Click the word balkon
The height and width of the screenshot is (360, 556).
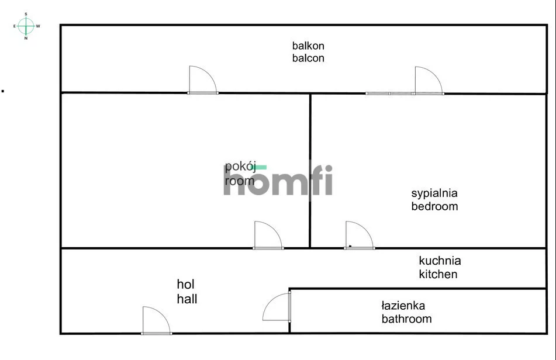click(x=308, y=46)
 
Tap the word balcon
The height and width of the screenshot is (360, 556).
click(x=308, y=58)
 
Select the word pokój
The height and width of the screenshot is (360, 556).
click(x=240, y=167)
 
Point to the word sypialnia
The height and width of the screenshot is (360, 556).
click(x=434, y=193)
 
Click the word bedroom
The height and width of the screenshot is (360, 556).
click(x=434, y=206)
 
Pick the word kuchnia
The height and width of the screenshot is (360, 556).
click(x=440, y=261)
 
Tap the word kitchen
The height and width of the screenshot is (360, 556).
click(x=438, y=274)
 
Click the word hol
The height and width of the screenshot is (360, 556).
click(x=185, y=284)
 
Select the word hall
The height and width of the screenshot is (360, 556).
click(x=187, y=299)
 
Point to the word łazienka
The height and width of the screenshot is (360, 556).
click(x=403, y=306)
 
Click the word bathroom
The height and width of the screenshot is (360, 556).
click(x=407, y=319)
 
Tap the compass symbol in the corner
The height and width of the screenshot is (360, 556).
click(x=26, y=26)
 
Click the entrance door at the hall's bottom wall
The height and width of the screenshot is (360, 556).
click(x=156, y=320)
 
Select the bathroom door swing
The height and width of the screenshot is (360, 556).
click(x=277, y=307)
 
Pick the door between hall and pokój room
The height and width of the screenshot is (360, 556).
click(x=268, y=235)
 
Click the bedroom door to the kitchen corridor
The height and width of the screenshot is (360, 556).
click(x=359, y=235)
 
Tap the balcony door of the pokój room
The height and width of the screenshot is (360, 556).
click(x=203, y=79)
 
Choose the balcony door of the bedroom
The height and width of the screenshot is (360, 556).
click(x=429, y=81)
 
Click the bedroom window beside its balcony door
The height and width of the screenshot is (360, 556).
click(x=389, y=94)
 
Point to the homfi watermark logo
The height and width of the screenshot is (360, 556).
click(x=278, y=180)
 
